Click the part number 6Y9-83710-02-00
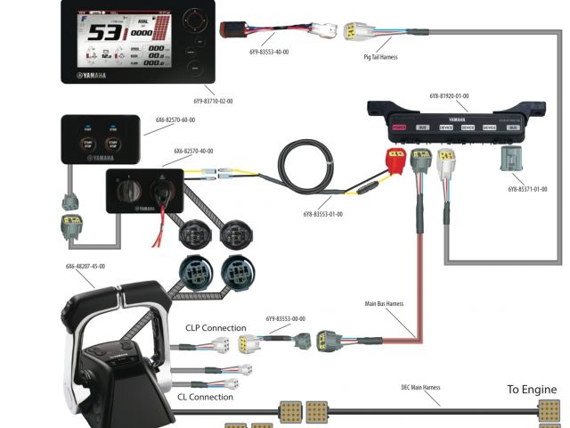coord(213,102)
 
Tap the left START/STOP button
coord(88,146)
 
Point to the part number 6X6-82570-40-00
coord(194,152)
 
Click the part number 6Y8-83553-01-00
coord(322,214)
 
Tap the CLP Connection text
coord(216,328)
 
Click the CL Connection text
coord(206,397)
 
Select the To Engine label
coord(532,390)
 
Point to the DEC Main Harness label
coord(420,388)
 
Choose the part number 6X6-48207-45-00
coord(85,266)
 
